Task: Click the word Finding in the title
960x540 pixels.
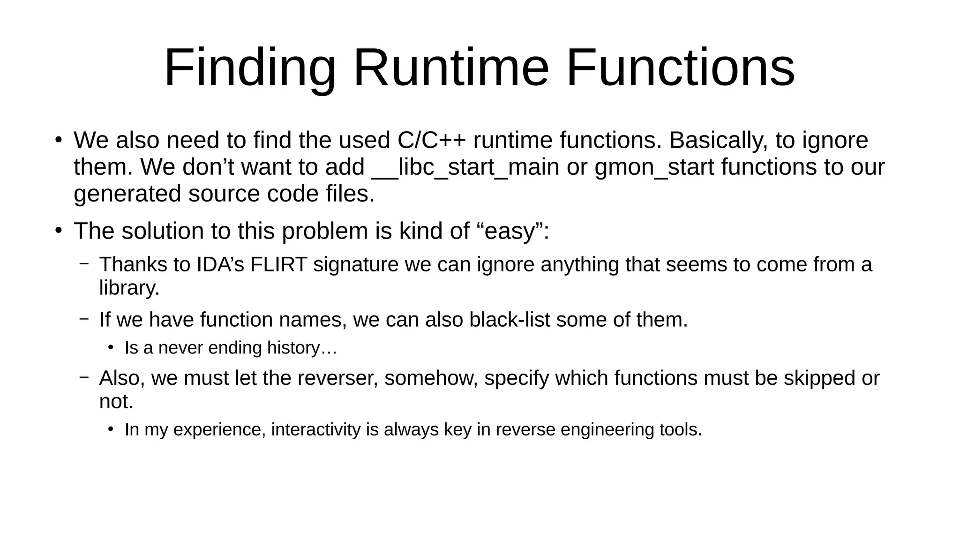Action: (250, 68)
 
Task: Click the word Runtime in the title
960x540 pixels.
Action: (450, 68)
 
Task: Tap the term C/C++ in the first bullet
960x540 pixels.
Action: (432, 140)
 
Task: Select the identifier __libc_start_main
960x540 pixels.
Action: (465, 167)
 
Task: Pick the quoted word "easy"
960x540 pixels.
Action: (510, 231)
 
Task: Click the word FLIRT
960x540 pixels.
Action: (278, 264)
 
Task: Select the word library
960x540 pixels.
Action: (129, 287)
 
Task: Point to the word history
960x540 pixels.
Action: (293, 348)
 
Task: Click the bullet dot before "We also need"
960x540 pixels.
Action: (58, 140)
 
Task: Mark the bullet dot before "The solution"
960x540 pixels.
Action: (58, 231)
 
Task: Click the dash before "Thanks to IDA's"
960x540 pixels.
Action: (84, 264)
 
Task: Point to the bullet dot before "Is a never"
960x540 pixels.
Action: (111, 348)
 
